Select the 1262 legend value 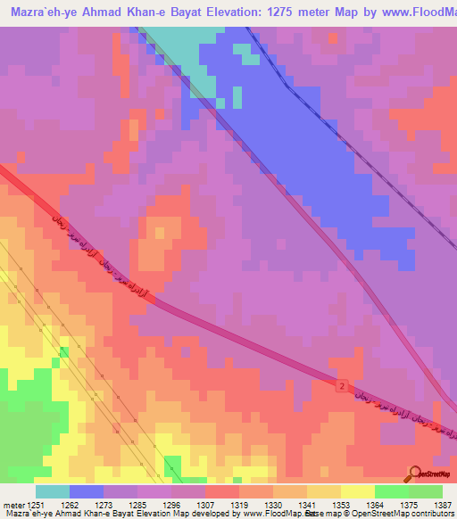pyautogui.click(x=70, y=504)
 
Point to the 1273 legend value pyautogui.click(x=104, y=504)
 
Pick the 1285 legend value pyautogui.click(x=137, y=504)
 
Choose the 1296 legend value pyautogui.click(x=171, y=504)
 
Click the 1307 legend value pyautogui.click(x=205, y=504)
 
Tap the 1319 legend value pyautogui.click(x=239, y=504)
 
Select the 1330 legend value pyautogui.click(x=273, y=504)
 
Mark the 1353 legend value pyautogui.click(x=341, y=504)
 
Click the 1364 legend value pyautogui.click(x=375, y=504)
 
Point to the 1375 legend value pyautogui.click(x=409, y=504)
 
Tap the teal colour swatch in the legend pyautogui.click(x=53, y=491)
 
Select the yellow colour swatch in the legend pyautogui.click(x=358, y=491)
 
